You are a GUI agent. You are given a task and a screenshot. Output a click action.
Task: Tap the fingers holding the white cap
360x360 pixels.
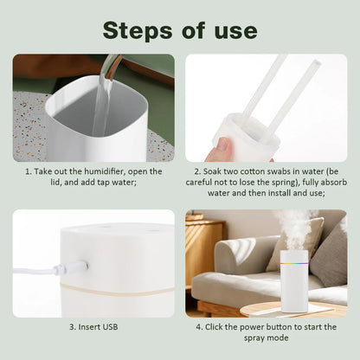[x=218, y=151]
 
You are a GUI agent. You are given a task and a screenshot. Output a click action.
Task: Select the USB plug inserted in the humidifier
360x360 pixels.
[x=76, y=267]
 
